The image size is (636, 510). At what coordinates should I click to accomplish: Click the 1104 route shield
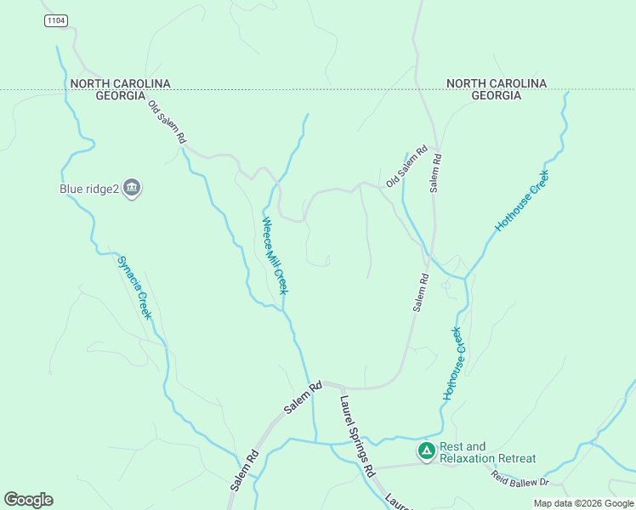click(x=56, y=20)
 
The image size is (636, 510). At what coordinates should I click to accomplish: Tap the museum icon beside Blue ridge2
click(x=131, y=188)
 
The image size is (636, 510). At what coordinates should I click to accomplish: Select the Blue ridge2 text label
click(x=88, y=189)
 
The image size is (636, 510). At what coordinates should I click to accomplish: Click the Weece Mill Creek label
click(x=275, y=256)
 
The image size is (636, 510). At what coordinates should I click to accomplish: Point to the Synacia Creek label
click(x=134, y=287)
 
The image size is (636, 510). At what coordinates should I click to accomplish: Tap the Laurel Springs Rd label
click(x=357, y=434)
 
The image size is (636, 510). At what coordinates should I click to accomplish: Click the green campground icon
click(x=426, y=450)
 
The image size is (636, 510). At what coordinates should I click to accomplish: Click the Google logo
click(x=28, y=500)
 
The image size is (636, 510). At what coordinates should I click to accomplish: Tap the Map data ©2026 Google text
click(x=583, y=503)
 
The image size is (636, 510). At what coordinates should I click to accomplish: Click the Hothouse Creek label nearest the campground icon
click(x=456, y=363)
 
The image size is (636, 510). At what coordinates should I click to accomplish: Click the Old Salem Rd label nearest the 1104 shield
click(x=167, y=122)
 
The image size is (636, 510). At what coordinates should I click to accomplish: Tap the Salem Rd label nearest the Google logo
click(x=243, y=470)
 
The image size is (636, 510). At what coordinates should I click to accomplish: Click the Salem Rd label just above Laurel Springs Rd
click(x=303, y=397)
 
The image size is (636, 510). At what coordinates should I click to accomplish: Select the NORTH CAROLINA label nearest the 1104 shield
click(x=121, y=83)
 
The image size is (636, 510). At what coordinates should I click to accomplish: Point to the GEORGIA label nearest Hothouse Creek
click(x=496, y=96)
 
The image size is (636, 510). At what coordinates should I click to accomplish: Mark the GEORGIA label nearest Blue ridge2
click(x=121, y=96)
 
